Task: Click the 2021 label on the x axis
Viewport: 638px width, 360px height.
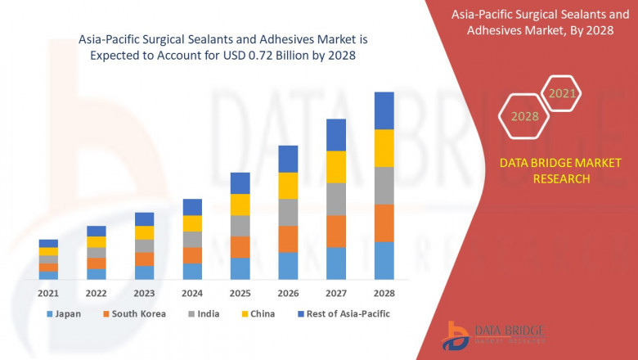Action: point(48,294)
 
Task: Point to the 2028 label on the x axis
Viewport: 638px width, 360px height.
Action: point(384,294)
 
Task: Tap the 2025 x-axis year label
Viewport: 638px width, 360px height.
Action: point(240,294)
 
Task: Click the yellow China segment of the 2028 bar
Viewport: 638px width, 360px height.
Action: point(384,148)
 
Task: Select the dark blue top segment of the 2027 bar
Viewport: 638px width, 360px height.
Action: point(336,135)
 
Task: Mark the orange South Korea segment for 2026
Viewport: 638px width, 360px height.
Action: point(288,239)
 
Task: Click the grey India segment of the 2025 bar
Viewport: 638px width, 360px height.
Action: point(240,226)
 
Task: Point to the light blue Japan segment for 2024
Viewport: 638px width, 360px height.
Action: point(192,271)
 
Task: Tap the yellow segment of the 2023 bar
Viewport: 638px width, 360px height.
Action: point(144,232)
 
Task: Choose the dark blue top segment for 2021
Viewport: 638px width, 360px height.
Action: point(48,243)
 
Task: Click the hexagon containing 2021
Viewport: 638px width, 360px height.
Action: point(561,94)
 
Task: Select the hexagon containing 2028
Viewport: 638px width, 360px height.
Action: point(524,116)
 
